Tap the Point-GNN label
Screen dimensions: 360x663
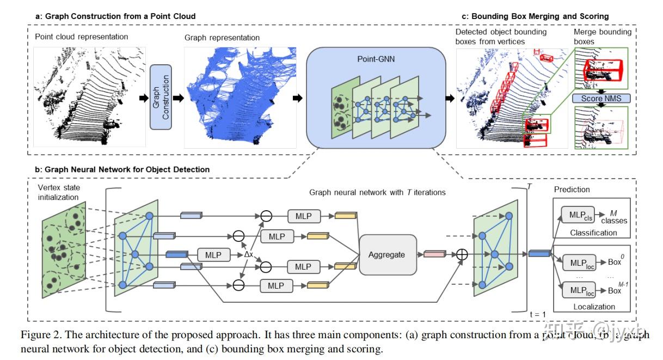click(x=375, y=58)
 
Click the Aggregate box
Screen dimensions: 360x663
click(x=386, y=254)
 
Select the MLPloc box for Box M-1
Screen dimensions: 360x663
click(x=579, y=290)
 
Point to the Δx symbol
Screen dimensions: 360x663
click(x=249, y=254)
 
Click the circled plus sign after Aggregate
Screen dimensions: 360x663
click(x=462, y=254)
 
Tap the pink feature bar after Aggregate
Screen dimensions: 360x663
click(x=434, y=254)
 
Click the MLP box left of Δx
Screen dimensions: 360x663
click(x=213, y=254)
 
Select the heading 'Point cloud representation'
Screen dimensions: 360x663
click(x=82, y=37)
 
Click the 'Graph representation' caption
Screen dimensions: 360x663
click(x=222, y=38)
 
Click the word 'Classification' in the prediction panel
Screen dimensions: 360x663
click(x=593, y=233)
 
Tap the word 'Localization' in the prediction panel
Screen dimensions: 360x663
click(x=594, y=307)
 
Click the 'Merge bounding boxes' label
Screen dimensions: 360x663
click(x=603, y=37)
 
